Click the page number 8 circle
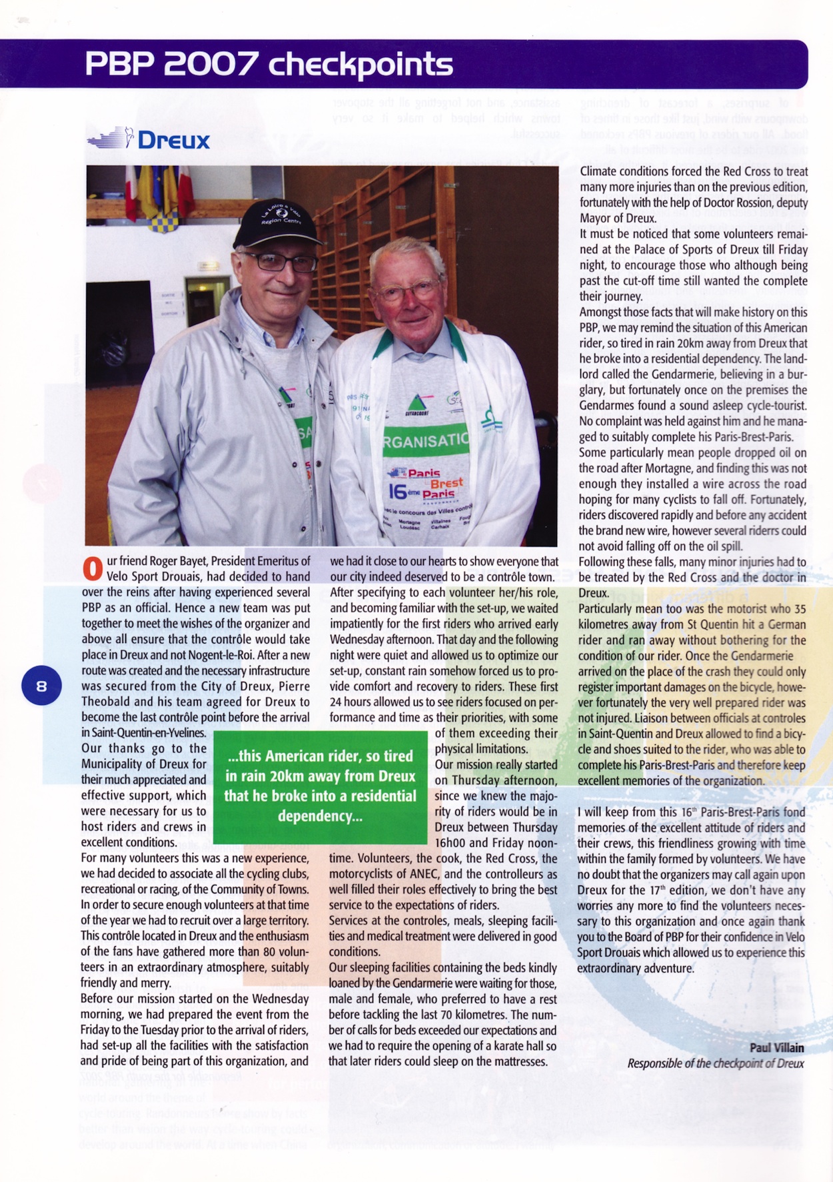[41, 685]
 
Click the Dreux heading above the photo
[173, 141]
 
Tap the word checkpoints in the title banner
[360, 65]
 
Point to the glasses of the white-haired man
[407, 291]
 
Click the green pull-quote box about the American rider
[320, 786]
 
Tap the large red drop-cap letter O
[92, 569]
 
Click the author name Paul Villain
[776, 1047]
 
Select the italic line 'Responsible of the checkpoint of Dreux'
[715, 1063]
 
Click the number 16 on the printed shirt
[398, 492]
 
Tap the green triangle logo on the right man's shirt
[417, 402]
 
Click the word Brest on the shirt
[446, 483]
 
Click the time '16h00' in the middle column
[451, 843]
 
